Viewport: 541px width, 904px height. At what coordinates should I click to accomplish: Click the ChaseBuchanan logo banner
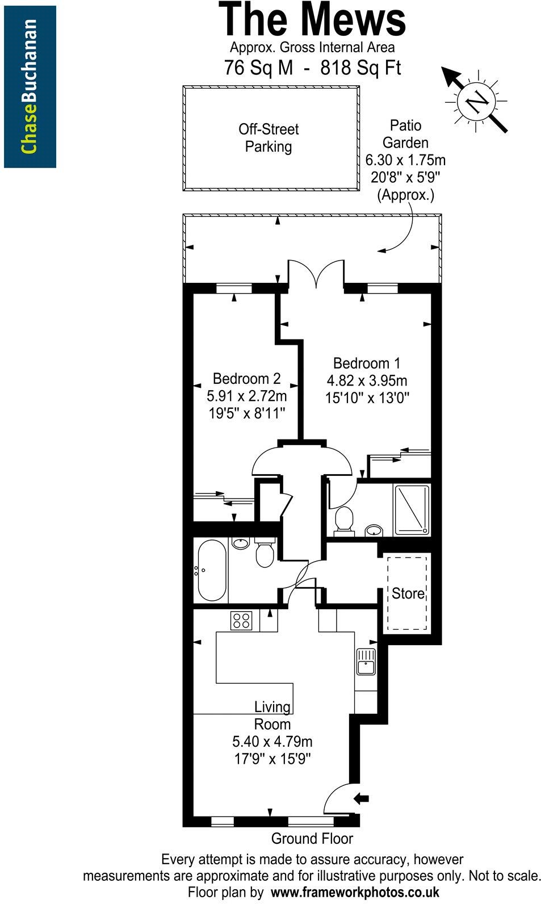30,87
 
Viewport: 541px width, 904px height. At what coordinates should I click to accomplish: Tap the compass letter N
477,102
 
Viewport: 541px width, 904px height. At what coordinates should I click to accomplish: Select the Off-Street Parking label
268,138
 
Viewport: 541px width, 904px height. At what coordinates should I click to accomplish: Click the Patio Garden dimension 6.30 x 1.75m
405,160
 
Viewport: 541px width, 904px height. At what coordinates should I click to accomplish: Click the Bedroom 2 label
246,379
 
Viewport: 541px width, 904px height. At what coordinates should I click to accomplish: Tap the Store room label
408,594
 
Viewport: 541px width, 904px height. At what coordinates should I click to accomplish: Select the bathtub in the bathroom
211,571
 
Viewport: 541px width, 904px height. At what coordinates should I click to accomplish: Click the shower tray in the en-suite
412,509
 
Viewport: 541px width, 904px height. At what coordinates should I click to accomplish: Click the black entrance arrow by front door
360,798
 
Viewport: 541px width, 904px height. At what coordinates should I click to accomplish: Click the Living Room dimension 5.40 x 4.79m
272,742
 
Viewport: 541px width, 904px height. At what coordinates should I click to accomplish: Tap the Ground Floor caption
312,839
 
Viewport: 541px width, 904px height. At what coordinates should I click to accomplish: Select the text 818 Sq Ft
360,68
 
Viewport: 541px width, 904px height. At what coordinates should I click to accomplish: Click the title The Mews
312,20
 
